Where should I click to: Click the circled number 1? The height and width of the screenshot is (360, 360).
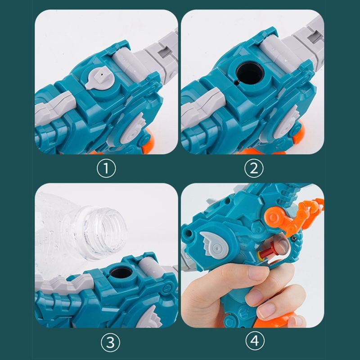[106, 168]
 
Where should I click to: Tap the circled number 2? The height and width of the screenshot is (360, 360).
[253, 168]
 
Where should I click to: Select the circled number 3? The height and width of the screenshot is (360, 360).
[110, 342]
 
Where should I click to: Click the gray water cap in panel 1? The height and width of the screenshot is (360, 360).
[99, 77]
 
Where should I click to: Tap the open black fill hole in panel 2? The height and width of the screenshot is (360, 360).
[250, 73]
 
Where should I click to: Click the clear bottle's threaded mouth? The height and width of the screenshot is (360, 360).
[104, 232]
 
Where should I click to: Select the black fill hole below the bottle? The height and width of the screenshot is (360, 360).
[121, 273]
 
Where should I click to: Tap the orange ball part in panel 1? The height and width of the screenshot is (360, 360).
[148, 140]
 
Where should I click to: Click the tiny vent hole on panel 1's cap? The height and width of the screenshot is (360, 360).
[102, 74]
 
